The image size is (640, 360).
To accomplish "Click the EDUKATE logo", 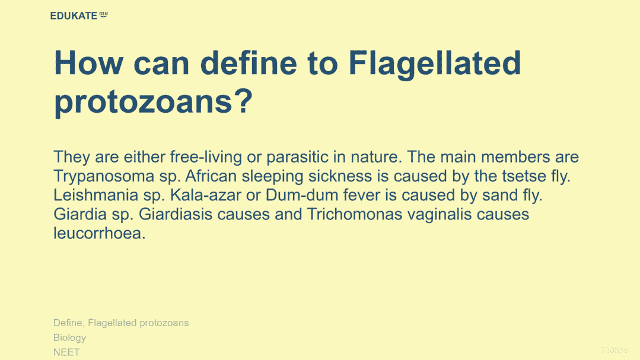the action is pyautogui.click(x=79, y=15).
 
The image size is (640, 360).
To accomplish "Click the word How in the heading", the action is pyautogui.click(x=88, y=63).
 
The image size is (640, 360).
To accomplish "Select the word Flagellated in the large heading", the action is pyautogui.click(x=435, y=65).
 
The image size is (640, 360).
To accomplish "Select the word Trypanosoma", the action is pyautogui.click(x=104, y=176).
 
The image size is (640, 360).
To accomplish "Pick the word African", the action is pyautogui.click(x=211, y=176).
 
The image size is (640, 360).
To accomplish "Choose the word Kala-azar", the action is pyautogui.click(x=206, y=195).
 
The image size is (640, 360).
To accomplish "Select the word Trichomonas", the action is pyautogui.click(x=355, y=214).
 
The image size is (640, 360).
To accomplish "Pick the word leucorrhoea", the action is pyautogui.click(x=100, y=234).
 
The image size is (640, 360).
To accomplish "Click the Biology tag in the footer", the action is pyautogui.click(x=70, y=338).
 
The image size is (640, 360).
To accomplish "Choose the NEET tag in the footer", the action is pyautogui.click(x=66, y=352).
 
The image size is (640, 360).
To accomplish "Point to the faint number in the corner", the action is pyautogui.click(x=614, y=350).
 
